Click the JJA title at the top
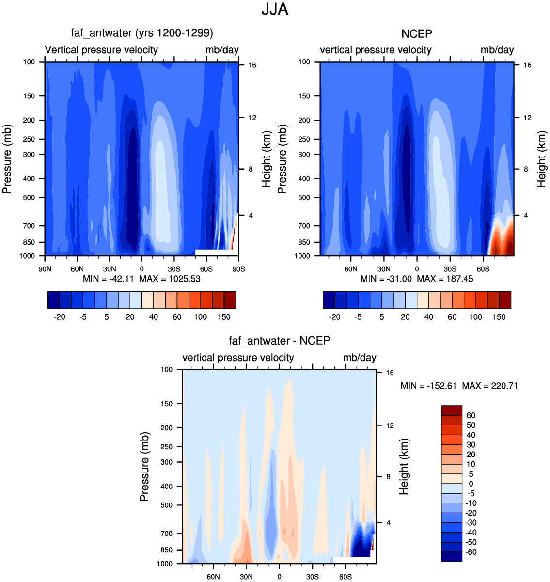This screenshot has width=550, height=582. pyautogui.click(x=275, y=9)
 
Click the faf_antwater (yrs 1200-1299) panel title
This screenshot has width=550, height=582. pyautogui.click(x=142, y=33)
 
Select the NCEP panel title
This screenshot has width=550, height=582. pyautogui.click(x=417, y=34)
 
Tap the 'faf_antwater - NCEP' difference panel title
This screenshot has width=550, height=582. pyautogui.click(x=280, y=341)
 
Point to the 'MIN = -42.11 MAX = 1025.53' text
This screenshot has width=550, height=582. pyautogui.click(x=141, y=279)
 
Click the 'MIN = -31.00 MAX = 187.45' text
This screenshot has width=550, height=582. pyautogui.click(x=417, y=279)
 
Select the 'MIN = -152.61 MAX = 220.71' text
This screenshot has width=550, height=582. pyautogui.click(x=459, y=386)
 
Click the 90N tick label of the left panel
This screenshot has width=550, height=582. pyautogui.click(x=45, y=269)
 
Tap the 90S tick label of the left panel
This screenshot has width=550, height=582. pyautogui.click(x=238, y=269)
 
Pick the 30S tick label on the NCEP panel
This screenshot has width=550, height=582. pyautogui.click(x=450, y=269)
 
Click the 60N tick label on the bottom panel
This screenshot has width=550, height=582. pyautogui.click(x=213, y=577)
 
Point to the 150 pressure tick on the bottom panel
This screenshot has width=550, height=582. pyautogui.click(x=167, y=404)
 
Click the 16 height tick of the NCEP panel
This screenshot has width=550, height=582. pyautogui.click(x=527, y=65)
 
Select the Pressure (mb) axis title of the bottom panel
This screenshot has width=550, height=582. pyautogui.click(x=144, y=467)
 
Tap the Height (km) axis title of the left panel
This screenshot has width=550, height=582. pyautogui.click(x=266, y=159)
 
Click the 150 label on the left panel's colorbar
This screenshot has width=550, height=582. pyautogui.click(x=224, y=317)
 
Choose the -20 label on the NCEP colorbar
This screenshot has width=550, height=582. pyautogui.click(x=334, y=317)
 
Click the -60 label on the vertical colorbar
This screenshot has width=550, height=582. pyautogui.click(x=471, y=552)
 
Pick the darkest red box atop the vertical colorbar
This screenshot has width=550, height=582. pyautogui.click(x=452, y=410)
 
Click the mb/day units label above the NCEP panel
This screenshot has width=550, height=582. pyautogui.click(x=497, y=50)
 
